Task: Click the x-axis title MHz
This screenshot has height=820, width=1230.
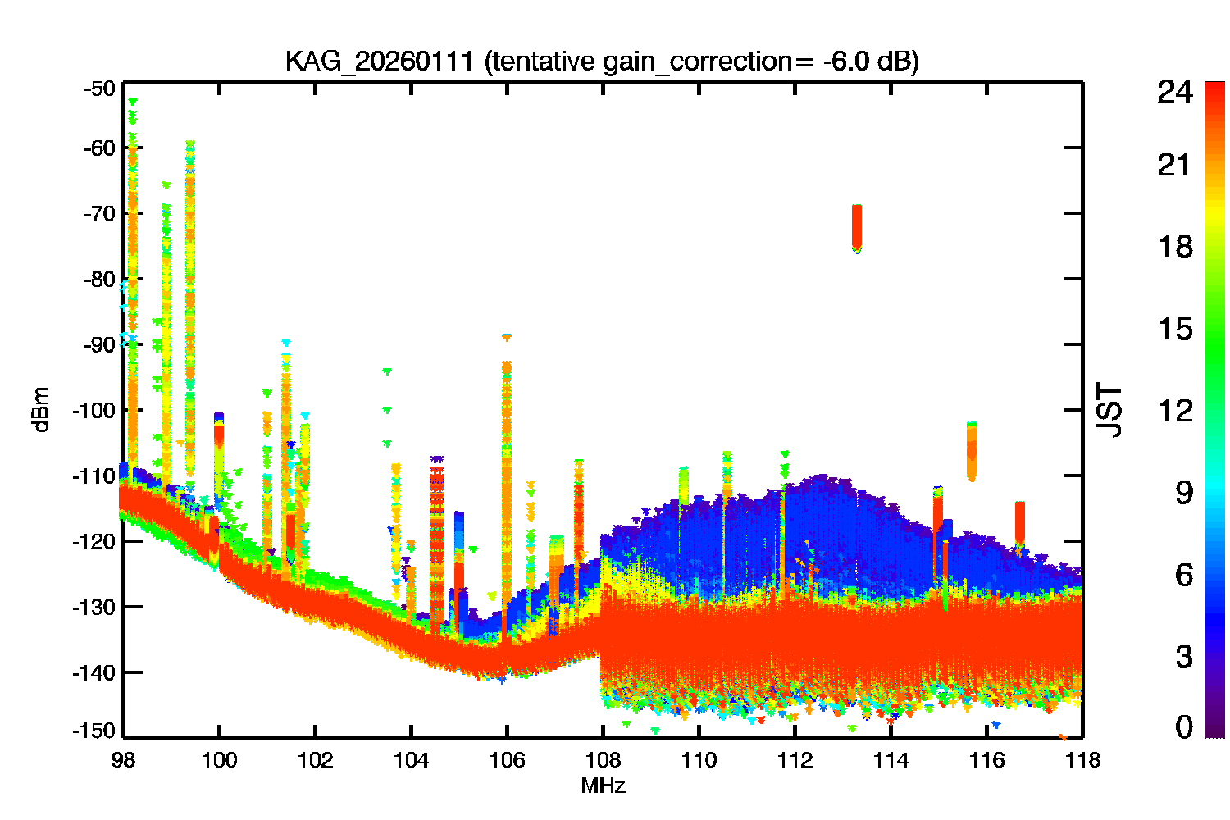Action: (603, 786)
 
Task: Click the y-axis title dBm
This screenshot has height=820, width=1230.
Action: (41, 409)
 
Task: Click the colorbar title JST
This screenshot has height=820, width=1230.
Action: (1110, 410)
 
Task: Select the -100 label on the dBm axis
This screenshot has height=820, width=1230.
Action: (97, 410)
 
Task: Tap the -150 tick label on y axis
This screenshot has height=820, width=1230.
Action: (97, 730)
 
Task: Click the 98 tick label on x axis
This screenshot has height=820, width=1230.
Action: (123, 761)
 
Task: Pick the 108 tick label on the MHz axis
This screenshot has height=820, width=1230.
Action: (603, 761)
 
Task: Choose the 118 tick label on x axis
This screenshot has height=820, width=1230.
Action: (1082, 761)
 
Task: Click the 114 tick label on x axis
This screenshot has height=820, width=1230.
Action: (891, 761)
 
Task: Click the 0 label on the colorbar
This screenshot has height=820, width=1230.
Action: (1183, 727)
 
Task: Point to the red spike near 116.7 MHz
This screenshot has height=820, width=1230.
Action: (1020, 522)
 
